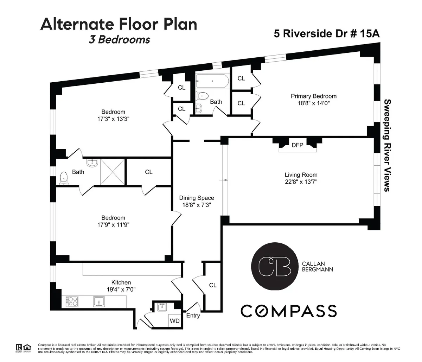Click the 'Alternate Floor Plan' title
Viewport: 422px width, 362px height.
(x=119, y=24)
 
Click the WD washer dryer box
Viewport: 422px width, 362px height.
(x=174, y=321)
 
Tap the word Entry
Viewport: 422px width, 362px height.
(x=193, y=316)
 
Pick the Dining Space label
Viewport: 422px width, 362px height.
(x=196, y=198)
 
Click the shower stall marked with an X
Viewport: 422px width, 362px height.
(x=113, y=171)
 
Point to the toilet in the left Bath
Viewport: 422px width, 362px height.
(x=63, y=178)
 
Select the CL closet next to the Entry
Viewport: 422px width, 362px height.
(x=212, y=285)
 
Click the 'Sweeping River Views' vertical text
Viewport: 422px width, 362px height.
(x=387, y=145)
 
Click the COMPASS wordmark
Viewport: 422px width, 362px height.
(x=288, y=311)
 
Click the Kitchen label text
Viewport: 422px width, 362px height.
(x=121, y=282)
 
